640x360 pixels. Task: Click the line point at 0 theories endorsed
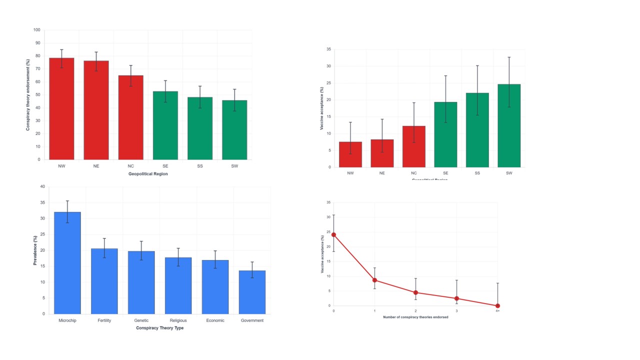click(x=333, y=234)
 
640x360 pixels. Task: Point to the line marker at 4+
click(x=497, y=305)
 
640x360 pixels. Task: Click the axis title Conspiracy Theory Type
click(x=159, y=328)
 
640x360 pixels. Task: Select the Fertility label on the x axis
click(x=104, y=320)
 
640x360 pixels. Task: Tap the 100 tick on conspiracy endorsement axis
click(x=37, y=30)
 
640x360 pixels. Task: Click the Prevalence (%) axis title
click(x=35, y=250)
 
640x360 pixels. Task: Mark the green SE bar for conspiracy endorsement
click(x=165, y=125)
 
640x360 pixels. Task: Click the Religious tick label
click(x=178, y=320)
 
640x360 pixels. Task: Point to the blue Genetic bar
click(x=141, y=282)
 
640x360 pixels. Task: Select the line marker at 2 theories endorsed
click(x=415, y=292)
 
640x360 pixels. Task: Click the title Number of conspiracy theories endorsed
click(x=415, y=317)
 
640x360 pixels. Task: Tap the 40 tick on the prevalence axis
click(x=42, y=187)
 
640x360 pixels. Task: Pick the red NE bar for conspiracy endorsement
click(x=96, y=110)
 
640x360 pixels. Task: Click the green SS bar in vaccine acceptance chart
click(x=477, y=130)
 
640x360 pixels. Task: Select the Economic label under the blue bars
click(x=215, y=320)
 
